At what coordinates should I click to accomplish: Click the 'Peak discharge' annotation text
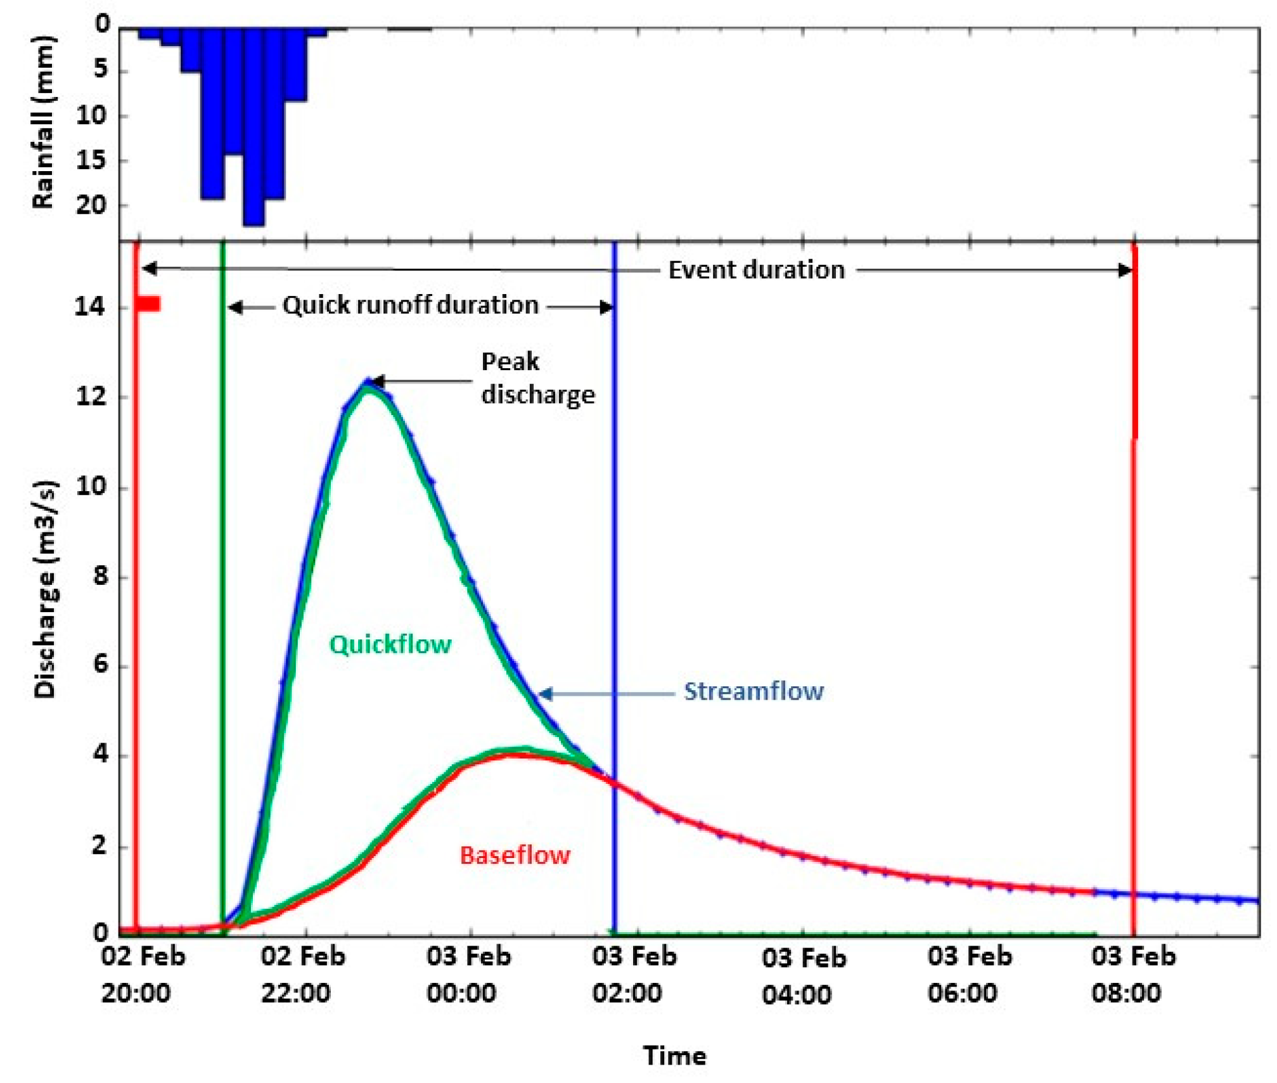click(537, 378)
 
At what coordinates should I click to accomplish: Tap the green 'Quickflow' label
click(390, 644)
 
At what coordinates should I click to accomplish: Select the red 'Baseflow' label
click(515, 855)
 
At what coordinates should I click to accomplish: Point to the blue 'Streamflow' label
click(754, 691)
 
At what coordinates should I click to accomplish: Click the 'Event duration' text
click(757, 270)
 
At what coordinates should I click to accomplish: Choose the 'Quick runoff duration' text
click(411, 305)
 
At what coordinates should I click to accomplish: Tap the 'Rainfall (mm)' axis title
click(43, 122)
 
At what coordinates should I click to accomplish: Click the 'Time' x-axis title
click(674, 1056)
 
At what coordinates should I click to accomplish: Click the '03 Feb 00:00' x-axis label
click(468, 974)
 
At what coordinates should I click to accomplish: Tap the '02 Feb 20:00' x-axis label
click(142, 974)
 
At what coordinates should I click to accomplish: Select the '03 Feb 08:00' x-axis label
click(1133, 974)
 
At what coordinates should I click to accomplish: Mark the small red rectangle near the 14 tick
click(149, 304)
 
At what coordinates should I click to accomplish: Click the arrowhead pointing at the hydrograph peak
click(376, 381)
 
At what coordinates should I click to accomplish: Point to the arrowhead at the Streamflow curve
click(545, 693)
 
